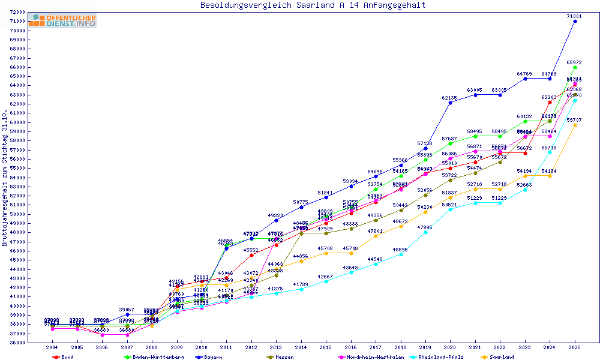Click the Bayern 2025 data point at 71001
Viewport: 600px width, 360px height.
pos(575,21)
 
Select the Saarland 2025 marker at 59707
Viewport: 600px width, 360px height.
pos(575,125)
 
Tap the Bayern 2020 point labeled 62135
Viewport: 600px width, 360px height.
pos(450,103)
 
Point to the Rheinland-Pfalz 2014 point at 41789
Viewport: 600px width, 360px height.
pos(301,289)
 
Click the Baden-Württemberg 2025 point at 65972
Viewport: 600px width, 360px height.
pos(575,67)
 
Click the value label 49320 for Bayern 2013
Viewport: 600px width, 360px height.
pos(276,215)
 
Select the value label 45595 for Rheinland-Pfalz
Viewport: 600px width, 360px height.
pos(401,250)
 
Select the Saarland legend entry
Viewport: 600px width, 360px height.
pos(500,357)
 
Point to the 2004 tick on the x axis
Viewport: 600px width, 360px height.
pos(52,347)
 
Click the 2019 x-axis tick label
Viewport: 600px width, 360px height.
pos(425,347)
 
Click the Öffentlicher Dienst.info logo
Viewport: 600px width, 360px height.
pos(62,21)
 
